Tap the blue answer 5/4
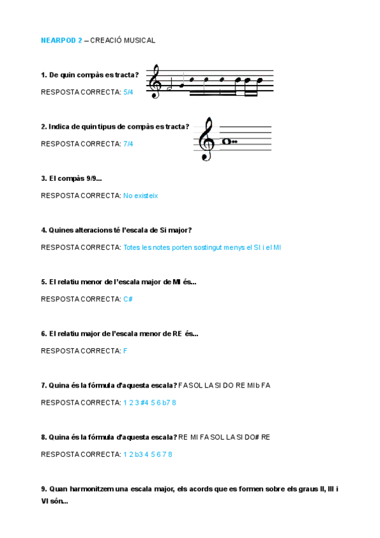pos(128,92)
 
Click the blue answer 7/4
pos(128,144)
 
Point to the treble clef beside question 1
pos(154,82)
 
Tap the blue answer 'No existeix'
pos(140,195)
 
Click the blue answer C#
pos(128,299)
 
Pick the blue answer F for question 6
pos(126,351)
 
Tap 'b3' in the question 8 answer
pos(137,454)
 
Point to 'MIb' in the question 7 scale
pos(252,385)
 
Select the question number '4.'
pos(44,230)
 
